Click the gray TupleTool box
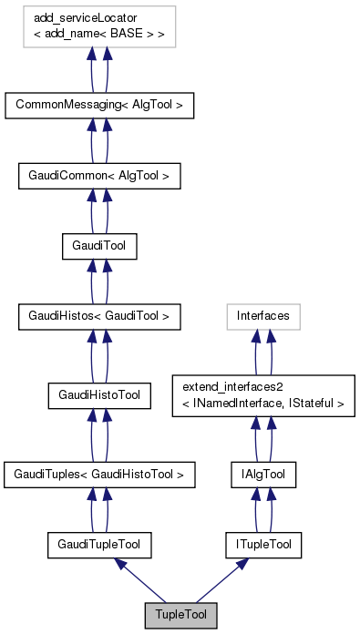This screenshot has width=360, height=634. [x=180, y=616]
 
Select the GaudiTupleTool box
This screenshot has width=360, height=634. [x=99, y=545]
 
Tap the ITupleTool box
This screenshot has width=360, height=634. [x=263, y=545]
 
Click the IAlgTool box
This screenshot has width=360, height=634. [x=263, y=474]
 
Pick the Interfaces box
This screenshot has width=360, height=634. [x=263, y=316]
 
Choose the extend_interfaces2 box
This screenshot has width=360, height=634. [x=263, y=394]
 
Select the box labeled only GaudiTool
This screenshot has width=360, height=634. [x=99, y=245]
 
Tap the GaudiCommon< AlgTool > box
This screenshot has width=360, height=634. [x=99, y=174]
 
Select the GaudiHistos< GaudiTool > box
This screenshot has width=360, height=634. [x=99, y=316]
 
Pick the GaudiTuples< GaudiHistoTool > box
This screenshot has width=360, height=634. [x=99, y=474]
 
